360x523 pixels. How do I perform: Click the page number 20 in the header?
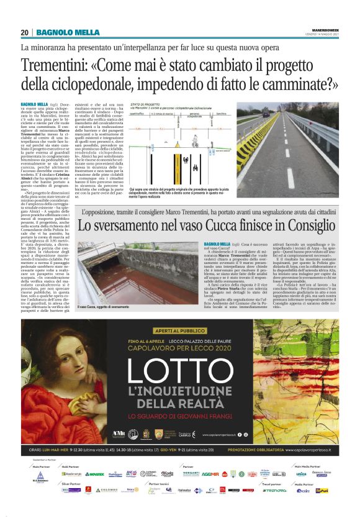(x=25, y=33)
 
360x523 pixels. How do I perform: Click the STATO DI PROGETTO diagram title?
(x=145, y=106)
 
